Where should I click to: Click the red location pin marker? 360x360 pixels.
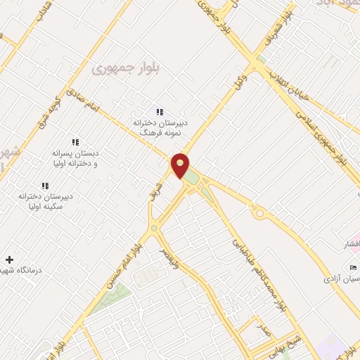pos(181,166)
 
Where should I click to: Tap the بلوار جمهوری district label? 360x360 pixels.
pos(116,67)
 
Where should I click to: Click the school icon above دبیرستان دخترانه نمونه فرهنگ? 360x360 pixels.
pos(160,112)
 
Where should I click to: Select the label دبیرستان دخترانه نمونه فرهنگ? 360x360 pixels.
pos(161,127)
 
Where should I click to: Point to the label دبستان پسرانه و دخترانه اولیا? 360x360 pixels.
pos(76,157)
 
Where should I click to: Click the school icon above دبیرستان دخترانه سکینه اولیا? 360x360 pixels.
pos(45,186)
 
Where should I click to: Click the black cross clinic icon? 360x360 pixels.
pos(9,259)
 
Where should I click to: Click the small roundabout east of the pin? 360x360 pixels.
pos(259,213)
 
